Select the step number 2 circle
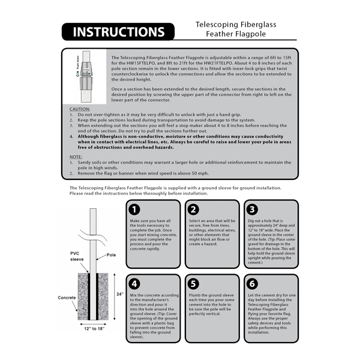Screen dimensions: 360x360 194,209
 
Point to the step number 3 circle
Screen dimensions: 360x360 252,209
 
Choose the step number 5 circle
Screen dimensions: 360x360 194,283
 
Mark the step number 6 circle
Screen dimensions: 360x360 252,283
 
